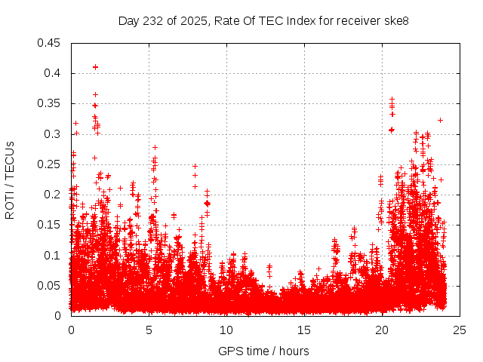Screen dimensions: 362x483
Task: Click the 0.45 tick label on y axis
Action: pyautogui.click(x=51, y=43)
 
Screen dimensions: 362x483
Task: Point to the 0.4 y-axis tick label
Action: pyautogui.click(x=54, y=73)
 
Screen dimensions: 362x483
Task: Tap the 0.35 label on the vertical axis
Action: pyautogui.click(x=51, y=103)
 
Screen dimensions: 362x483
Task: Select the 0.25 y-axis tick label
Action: pyautogui.click(x=51, y=164)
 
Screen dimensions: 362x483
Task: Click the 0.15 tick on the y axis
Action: pyautogui.click(x=51, y=225)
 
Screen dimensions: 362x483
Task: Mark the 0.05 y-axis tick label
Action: pyautogui.click(x=51, y=285)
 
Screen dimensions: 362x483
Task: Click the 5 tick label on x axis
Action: pyautogui.click(x=149, y=330)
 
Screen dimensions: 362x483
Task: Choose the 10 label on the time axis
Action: pyautogui.click(x=226, y=330)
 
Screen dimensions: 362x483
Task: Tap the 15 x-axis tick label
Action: pyautogui.click(x=304, y=330)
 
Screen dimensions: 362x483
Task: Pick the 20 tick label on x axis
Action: pyautogui.click(x=382, y=330)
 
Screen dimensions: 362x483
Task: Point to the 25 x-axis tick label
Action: pyautogui.click(x=460, y=330)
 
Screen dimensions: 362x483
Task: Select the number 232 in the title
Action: pyautogui.click(x=152, y=21)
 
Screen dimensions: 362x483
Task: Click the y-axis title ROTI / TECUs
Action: pyautogui.click(x=10, y=179)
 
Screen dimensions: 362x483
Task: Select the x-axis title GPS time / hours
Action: pyautogui.click(x=263, y=351)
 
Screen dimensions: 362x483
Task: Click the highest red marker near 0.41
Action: pyautogui.click(x=95, y=67)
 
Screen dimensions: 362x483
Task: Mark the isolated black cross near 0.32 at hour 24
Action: pyautogui.click(x=440, y=120)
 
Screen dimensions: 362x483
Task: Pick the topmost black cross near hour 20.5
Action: pyautogui.click(x=392, y=100)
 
